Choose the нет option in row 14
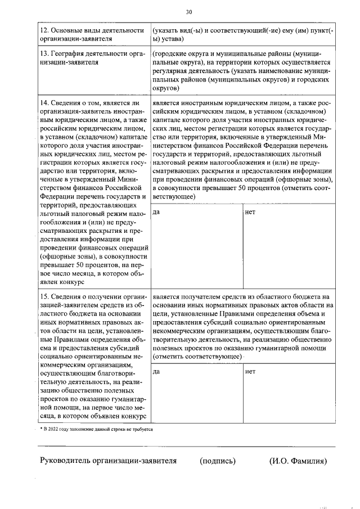pyautogui.click(x=250, y=213)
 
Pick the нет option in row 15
pyautogui.click(x=250, y=372)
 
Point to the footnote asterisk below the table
pyautogui.click(x=40, y=429)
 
